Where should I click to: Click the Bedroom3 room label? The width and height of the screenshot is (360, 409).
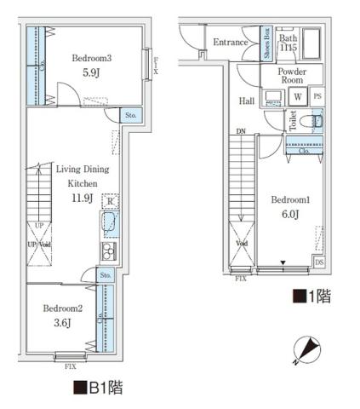point(91,58)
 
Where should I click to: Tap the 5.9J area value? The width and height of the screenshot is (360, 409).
point(91,73)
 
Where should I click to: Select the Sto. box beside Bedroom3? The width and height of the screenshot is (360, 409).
point(130,114)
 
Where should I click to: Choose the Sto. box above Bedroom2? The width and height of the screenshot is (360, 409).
point(105,275)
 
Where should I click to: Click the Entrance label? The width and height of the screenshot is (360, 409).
point(230,43)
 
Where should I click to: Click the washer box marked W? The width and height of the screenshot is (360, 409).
point(299,96)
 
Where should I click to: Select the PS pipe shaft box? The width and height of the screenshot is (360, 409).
point(317,96)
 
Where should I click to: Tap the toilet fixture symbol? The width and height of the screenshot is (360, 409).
point(315,123)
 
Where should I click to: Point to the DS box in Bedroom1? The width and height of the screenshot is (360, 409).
point(318,262)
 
